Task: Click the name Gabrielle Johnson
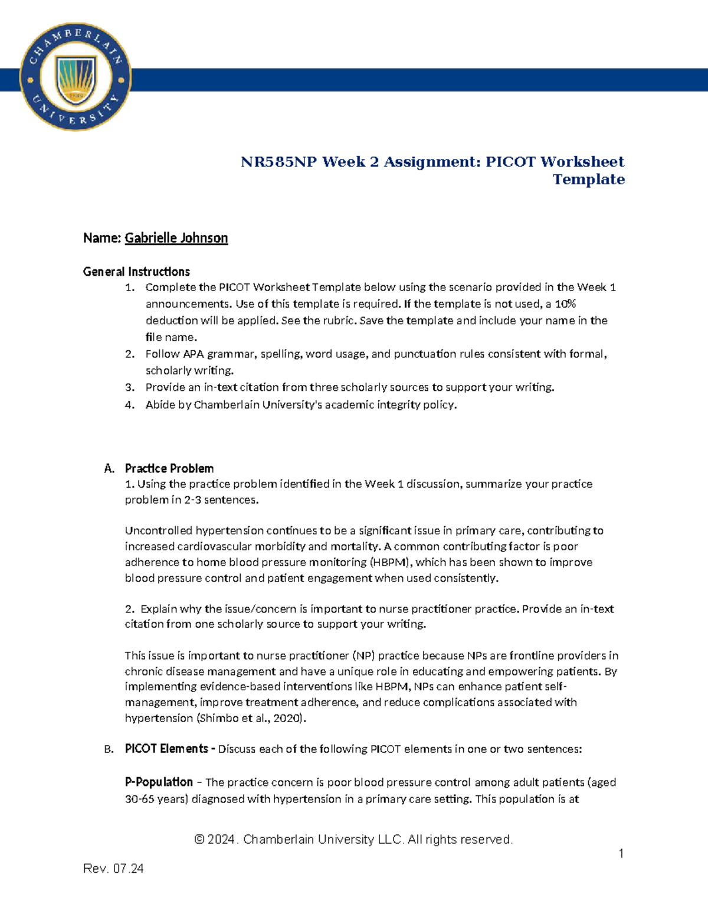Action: pyautogui.click(x=176, y=238)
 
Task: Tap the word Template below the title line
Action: pyautogui.click(x=588, y=180)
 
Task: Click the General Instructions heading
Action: pyautogui.click(x=136, y=272)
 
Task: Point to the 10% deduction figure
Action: pyautogui.click(x=565, y=304)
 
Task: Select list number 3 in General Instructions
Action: pyautogui.click(x=130, y=387)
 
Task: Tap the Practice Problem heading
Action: pyautogui.click(x=169, y=469)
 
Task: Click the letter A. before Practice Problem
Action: pyautogui.click(x=109, y=469)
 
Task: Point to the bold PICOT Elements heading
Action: pyautogui.click(x=166, y=749)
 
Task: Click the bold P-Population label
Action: pyautogui.click(x=159, y=782)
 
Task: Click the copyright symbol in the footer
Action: pyautogui.click(x=199, y=840)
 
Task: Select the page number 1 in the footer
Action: pyautogui.click(x=621, y=853)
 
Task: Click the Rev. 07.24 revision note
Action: pyautogui.click(x=113, y=869)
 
